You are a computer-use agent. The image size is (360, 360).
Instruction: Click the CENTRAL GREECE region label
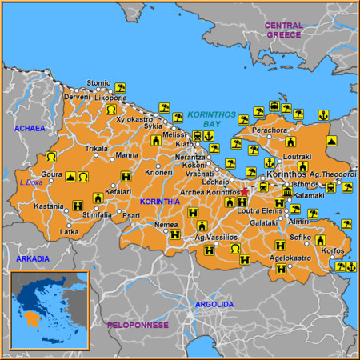pyautogui.click(x=284, y=30)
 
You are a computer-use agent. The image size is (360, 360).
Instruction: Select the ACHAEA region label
pyautogui.click(x=30, y=128)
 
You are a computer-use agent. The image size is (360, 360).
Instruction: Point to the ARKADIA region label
pyautogui.click(x=32, y=258)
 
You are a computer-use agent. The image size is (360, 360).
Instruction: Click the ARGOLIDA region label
pyautogui.click(x=214, y=304)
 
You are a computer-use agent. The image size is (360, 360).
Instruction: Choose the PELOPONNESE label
pyautogui.click(x=138, y=325)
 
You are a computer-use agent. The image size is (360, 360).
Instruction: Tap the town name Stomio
pyautogui.click(x=98, y=82)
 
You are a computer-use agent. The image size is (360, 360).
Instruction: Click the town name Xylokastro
pyautogui.click(x=134, y=119)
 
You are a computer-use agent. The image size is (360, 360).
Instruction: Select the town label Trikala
pyautogui.click(x=97, y=148)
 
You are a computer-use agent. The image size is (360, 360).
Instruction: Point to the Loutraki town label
pyautogui.click(x=298, y=157)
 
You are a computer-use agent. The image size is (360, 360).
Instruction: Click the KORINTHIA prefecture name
pyautogui.click(x=160, y=202)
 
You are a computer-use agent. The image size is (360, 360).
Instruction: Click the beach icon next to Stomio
pyautogui.click(x=120, y=87)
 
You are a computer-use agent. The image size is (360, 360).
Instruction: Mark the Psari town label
pyautogui.click(x=133, y=214)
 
